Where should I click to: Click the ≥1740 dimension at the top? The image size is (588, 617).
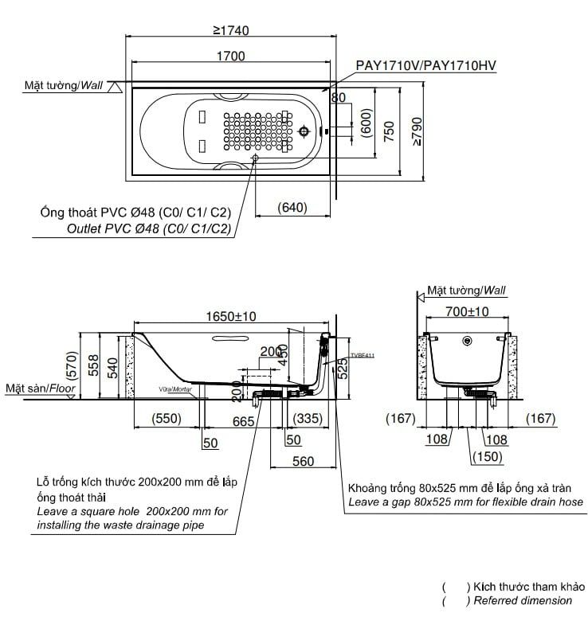coord(231,31)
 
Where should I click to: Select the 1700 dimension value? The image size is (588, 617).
coord(230,57)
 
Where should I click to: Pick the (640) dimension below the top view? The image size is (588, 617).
coord(292,208)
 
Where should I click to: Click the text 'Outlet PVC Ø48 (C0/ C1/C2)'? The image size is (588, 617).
coord(150,229)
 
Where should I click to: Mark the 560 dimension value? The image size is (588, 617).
coord(304,461)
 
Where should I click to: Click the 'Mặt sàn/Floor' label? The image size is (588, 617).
coord(40,388)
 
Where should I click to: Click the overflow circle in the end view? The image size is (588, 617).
coord(467,343)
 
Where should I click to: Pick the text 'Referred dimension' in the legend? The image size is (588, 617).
coord(523,600)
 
